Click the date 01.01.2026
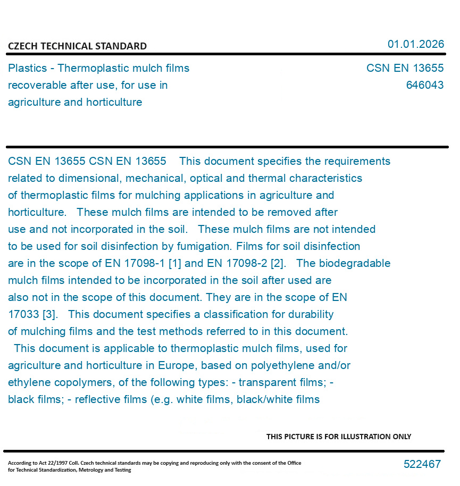(x=415, y=44)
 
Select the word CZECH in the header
(x=21, y=46)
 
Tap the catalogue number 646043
(x=424, y=85)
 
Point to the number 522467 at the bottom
(x=422, y=464)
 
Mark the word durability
(x=308, y=314)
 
